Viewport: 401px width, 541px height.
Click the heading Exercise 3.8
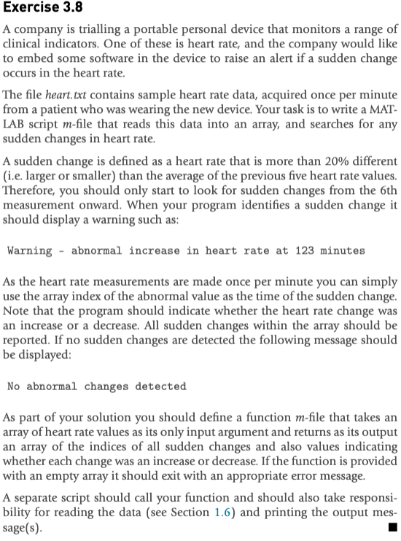[43, 9]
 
